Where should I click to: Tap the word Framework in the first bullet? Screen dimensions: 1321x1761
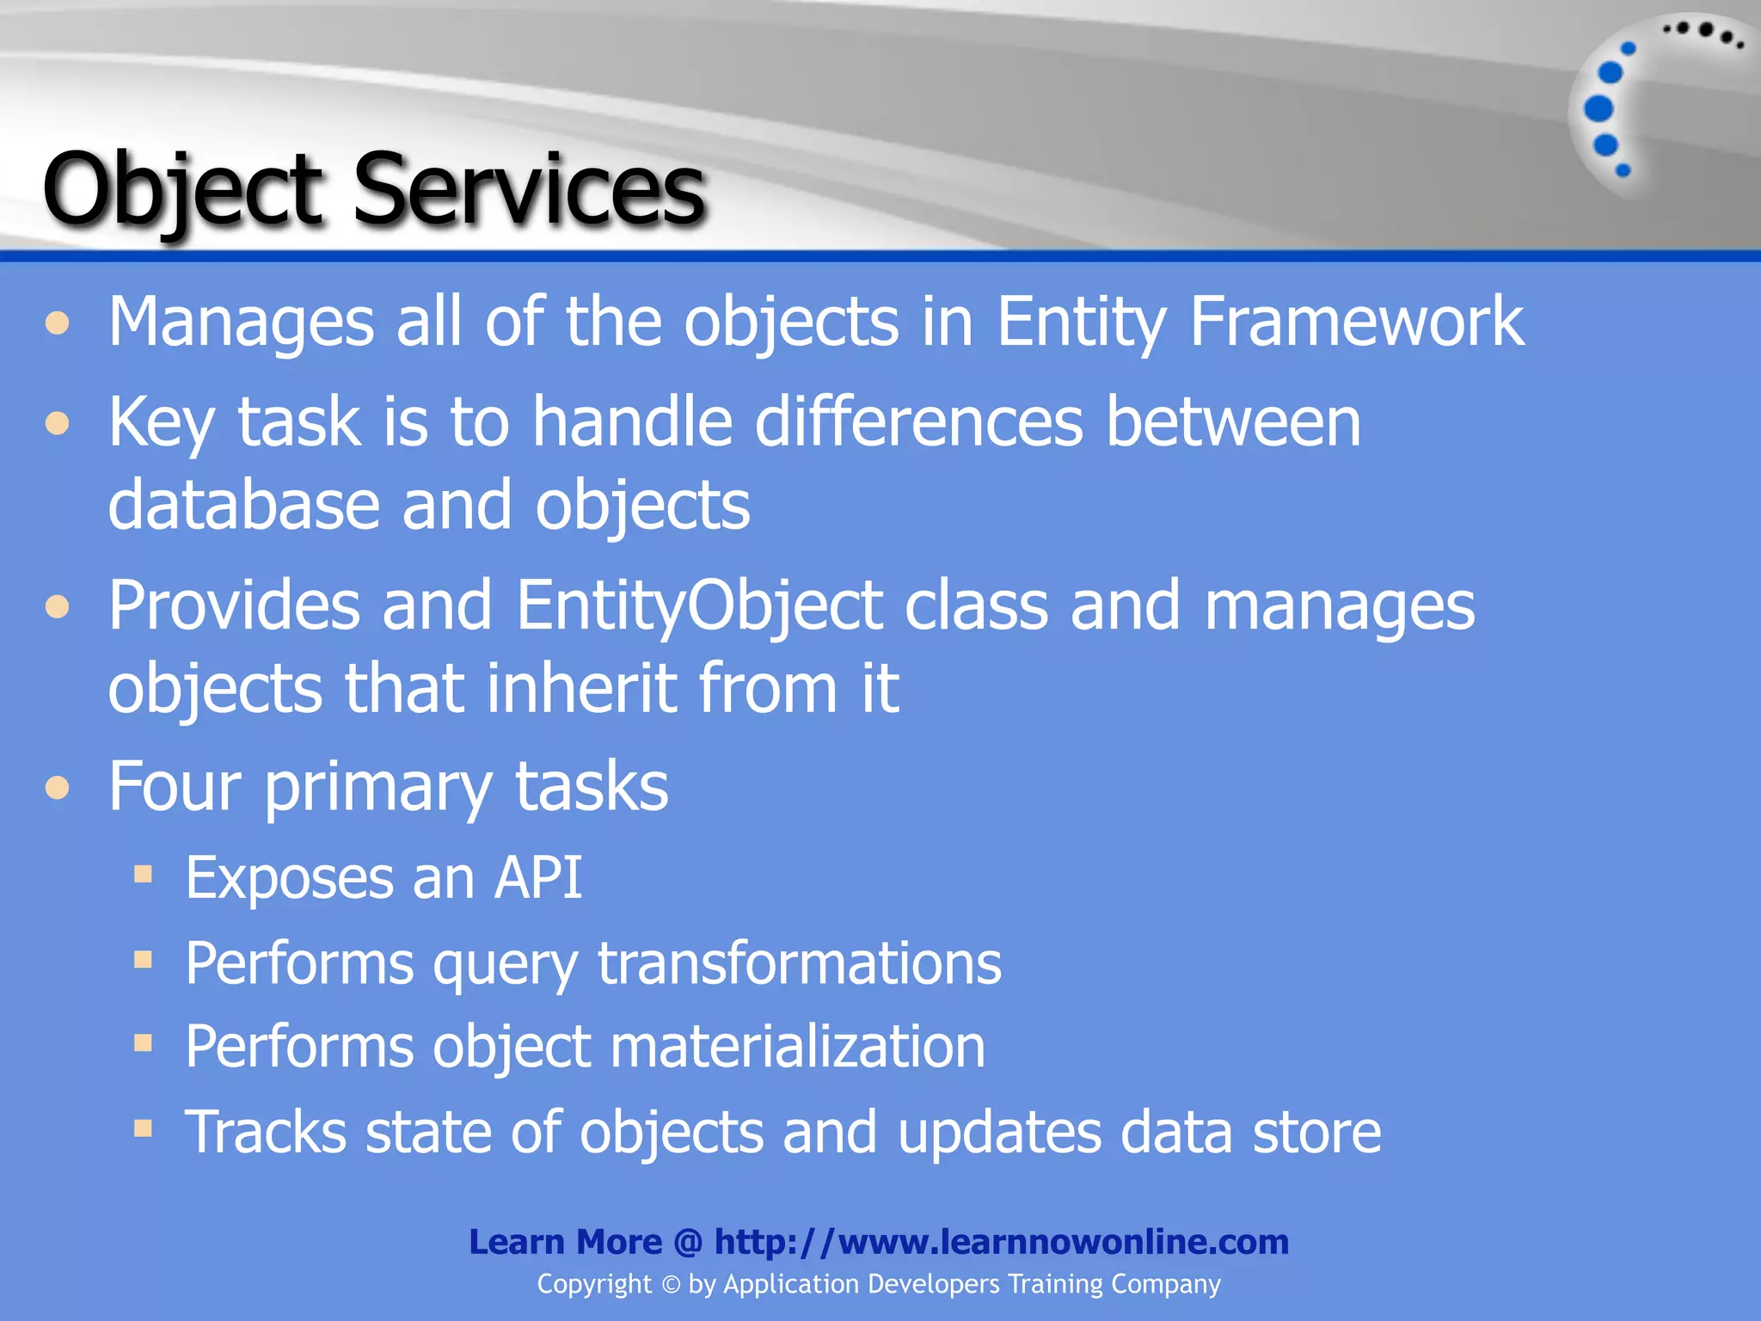(x=1356, y=321)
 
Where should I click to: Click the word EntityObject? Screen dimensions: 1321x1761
(x=699, y=605)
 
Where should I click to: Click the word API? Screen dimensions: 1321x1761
(x=537, y=878)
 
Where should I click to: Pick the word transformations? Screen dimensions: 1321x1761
(x=799, y=962)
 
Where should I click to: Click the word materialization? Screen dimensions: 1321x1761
(x=797, y=1047)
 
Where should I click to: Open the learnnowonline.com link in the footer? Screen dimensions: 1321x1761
(x=1001, y=1242)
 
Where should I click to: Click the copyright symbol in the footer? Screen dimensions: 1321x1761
(x=671, y=1285)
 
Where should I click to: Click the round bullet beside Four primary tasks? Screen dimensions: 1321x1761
(x=58, y=788)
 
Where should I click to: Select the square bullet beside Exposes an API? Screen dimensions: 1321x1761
(x=144, y=876)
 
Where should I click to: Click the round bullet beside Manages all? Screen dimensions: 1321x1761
(x=58, y=323)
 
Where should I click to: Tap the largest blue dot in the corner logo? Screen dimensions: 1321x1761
(x=1598, y=109)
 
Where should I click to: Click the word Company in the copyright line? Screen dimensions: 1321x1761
(x=1165, y=1284)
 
